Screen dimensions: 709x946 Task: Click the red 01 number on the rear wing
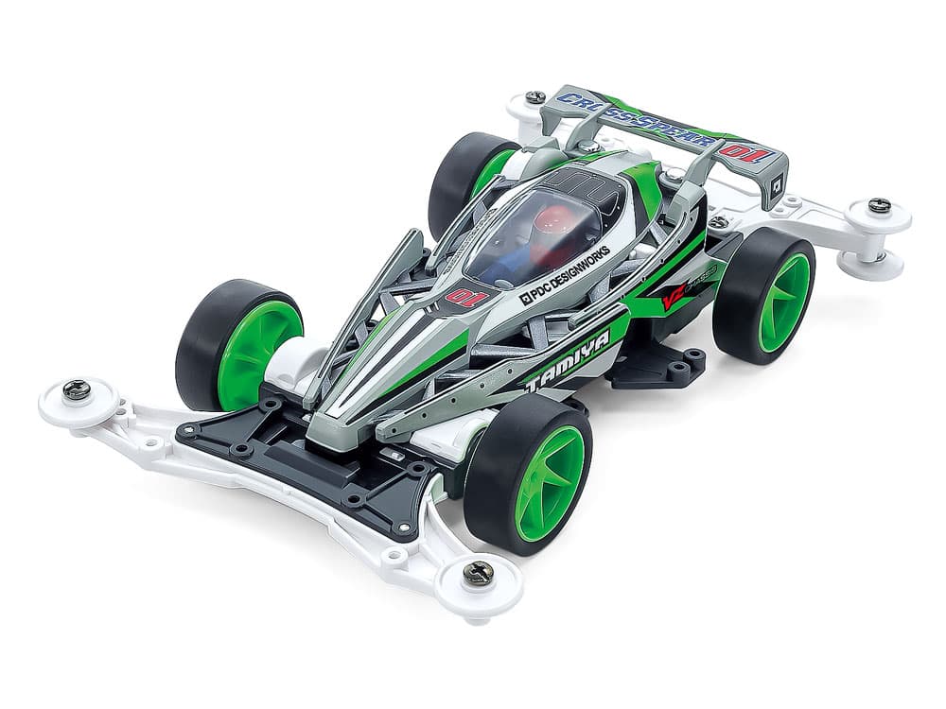[747, 152]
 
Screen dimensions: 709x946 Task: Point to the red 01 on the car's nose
[465, 301]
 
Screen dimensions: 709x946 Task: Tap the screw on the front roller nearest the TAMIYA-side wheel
[478, 573]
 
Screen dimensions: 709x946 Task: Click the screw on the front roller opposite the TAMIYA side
[77, 389]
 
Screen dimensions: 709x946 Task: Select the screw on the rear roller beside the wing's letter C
[535, 96]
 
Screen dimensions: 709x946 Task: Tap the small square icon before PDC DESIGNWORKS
[524, 301]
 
